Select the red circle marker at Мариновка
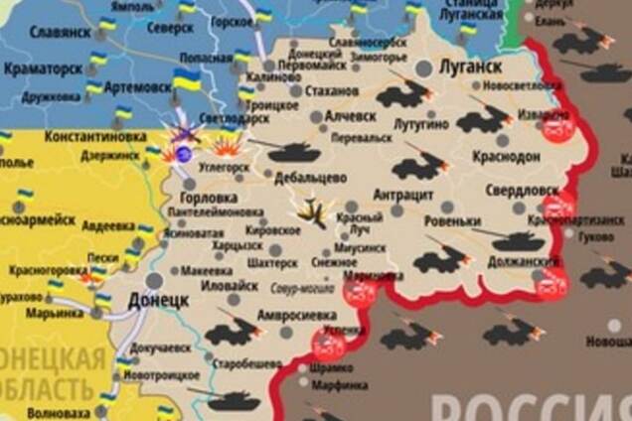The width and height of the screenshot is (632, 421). pyautogui.click(x=360, y=291)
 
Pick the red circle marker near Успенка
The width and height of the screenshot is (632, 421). pyautogui.click(x=328, y=345)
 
